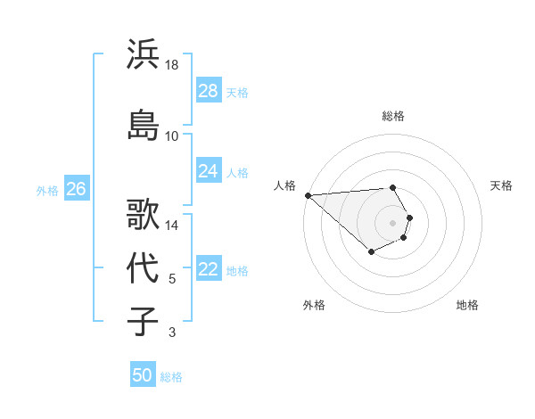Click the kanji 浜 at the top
(144, 54)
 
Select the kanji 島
(144, 125)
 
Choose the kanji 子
(144, 322)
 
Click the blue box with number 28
(209, 91)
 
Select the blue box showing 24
(209, 171)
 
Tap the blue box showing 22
(209, 269)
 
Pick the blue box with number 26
(77, 189)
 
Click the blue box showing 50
(143, 375)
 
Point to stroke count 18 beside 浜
(172, 65)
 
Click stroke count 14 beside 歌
(172, 226)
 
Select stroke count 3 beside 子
(172, 333)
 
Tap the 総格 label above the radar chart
(393, 116)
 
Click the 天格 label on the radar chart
(501, 185)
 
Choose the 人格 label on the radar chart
(284, 185)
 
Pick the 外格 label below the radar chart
(314, 305)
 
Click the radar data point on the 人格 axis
(308, 194)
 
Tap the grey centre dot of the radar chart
(393, 222)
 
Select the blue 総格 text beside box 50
(171, 377)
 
